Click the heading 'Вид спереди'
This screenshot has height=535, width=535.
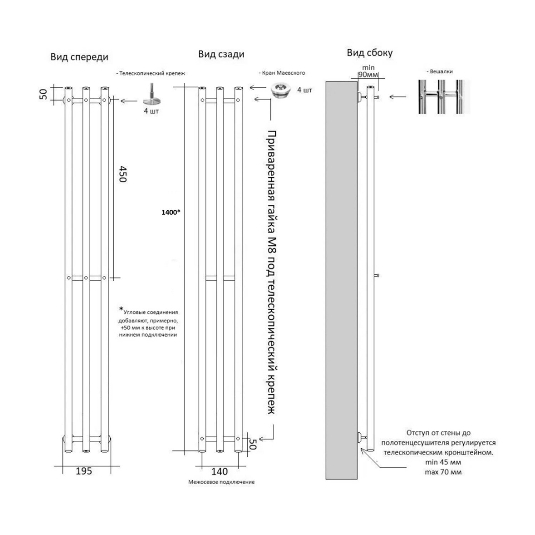coord(79,57)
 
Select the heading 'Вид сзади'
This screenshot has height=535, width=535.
coord(221,54)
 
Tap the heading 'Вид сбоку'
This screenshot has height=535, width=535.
coord(370,53)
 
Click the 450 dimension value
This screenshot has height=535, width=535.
coord(122,174)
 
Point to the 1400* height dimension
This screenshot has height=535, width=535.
coord(171,212)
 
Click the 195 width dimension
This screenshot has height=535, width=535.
coord(84,471)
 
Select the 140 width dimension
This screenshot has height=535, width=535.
coord(219,472)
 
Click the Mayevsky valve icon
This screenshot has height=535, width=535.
coord(281,90)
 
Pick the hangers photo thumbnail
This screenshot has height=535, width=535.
coord(444,97)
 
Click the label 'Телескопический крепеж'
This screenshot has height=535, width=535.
coord(151,73)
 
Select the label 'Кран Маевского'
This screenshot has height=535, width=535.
coord(282,73)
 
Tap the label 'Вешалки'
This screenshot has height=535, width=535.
coord(439,71)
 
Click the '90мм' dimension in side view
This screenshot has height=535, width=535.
coord(368,75)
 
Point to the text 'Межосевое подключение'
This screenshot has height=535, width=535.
coord(221,482)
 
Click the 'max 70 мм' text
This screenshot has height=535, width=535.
coord(443,472)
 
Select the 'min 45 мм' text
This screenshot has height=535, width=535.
coord(443,463)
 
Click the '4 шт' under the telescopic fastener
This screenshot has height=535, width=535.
coord(151,111)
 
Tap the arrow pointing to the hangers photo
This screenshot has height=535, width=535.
coord(397,97)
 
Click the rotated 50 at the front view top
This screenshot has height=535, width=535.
coord(43,94)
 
